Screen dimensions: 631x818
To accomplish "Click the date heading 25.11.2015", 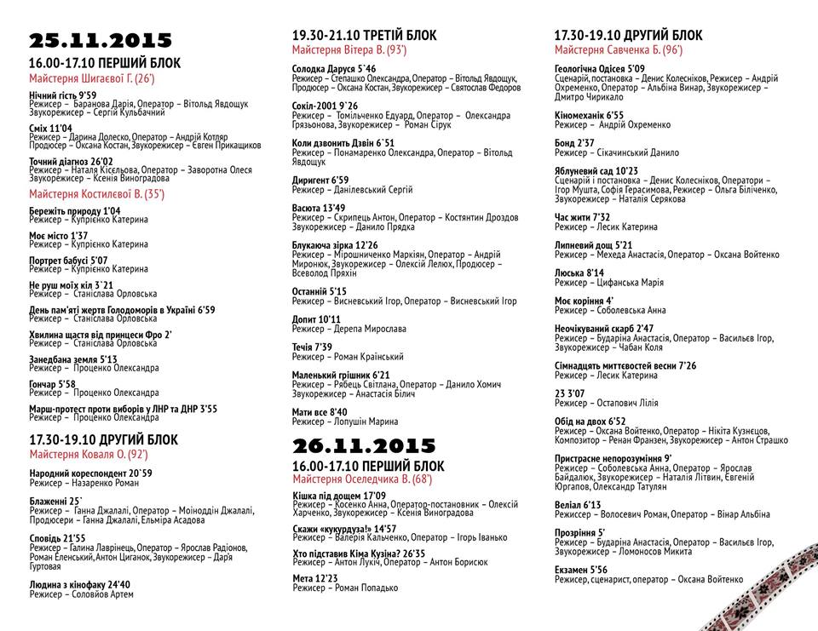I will coord(101,41).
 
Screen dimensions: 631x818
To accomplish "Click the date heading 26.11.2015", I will coord(364,446).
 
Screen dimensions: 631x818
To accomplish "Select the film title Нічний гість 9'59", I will coord(63,95).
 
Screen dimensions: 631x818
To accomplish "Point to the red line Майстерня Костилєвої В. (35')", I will coord(96,194).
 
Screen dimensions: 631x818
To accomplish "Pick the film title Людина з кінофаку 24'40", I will coord(79,585).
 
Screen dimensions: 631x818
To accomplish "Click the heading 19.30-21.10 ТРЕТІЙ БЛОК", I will coord(364,36).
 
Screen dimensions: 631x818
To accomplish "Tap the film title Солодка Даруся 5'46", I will coord(333,68).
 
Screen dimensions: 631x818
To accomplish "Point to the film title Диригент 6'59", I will coord(320,181).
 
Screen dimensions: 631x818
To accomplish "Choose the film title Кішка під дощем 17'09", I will coord(338,496).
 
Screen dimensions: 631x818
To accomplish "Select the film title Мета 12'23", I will coord(315,578).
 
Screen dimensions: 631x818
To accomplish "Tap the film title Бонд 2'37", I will coord(574,143).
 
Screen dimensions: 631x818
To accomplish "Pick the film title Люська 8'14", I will coord(579,272).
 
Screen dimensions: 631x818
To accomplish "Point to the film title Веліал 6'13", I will coord(579,504).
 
